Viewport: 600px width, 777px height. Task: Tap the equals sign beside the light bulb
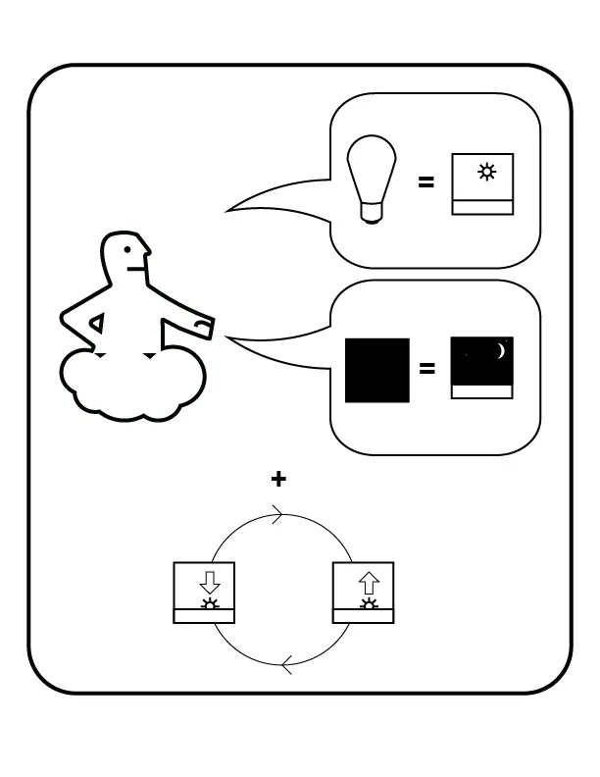pyautogui.click(x=426, y=181)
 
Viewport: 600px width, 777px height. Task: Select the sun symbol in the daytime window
pyautogui.click(x=486, y=173)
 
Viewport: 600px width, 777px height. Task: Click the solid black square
pyautogui.click(x=377, y=370)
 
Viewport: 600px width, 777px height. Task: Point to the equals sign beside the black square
pyautogui.click(x=426, y=369)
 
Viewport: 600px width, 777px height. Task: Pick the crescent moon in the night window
pyautogui.click(x=500, y=351)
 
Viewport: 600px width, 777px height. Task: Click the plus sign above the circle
pyautogui.click(x=279, y=479)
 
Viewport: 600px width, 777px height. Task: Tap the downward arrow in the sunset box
pyautogui.click(x=209, y=580)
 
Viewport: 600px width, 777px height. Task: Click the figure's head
pyautogui.click(x=128, y=257)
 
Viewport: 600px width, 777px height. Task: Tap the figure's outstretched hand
pyautogui.click(x=203, y=326)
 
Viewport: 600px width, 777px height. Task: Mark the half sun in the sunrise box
pyautogui.click(x=369, y=604)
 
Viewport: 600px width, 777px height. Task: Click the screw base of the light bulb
pyautogui.click(x=372, y=212)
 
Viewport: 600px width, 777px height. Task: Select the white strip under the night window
pyautogui.click(x=481, y=391)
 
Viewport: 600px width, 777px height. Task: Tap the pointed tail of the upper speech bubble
pyautogui.click(x=231, y=208)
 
